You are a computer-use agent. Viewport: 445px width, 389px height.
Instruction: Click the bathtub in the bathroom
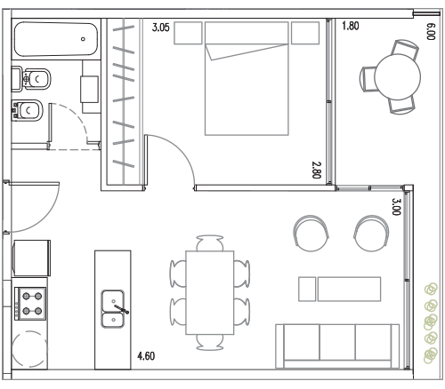click(x=56, y=39)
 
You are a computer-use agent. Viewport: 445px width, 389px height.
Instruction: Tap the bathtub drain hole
click(x=83, y=39)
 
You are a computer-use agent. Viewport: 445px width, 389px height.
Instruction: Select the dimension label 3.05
click(x=161, y=28)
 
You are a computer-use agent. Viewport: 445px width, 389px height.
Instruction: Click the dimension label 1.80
click(x=351, y=26)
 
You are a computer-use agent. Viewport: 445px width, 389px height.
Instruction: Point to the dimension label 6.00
click(x=431, y=31)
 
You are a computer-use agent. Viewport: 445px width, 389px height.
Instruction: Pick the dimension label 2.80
click(x=316, y=170)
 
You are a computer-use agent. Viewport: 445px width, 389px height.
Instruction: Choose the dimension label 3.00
click(x=396, y=207)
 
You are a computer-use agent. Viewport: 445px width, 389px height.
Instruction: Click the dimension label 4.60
click(x=146, y=356)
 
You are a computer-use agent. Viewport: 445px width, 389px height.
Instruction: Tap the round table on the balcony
click(x=398, y=76)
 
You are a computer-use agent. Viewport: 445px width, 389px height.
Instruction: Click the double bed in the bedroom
click(x=247, y=79)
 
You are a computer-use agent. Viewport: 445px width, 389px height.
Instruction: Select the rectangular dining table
click(x=210, y=293)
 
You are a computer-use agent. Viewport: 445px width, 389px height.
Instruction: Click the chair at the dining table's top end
click(x=210, y=242)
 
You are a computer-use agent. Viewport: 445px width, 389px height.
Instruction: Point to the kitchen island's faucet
click(x=122, y=309)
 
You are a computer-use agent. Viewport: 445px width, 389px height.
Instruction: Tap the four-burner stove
click(x=30, y=304)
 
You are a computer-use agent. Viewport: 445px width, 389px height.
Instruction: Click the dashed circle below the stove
click(x=29, y=349)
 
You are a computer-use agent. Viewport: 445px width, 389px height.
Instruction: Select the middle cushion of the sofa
click(x=337, y=342)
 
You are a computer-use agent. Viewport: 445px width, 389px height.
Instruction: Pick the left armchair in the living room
click(x=311, y=234)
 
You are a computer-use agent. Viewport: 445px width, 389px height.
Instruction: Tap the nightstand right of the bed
click(x=305, y=33)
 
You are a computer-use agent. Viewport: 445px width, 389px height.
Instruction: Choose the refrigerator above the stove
click(x=31, y=258)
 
